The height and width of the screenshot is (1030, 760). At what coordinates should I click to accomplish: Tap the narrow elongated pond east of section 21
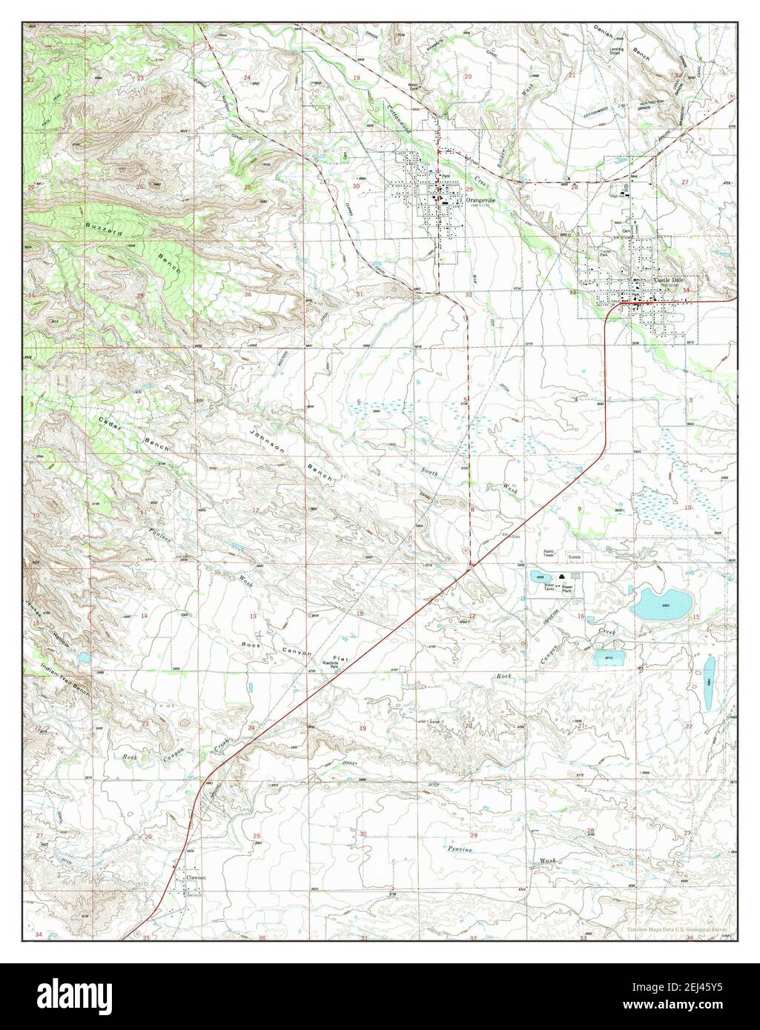coord(709,673)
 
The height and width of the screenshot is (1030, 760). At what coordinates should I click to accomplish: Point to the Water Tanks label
coord(549,587)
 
